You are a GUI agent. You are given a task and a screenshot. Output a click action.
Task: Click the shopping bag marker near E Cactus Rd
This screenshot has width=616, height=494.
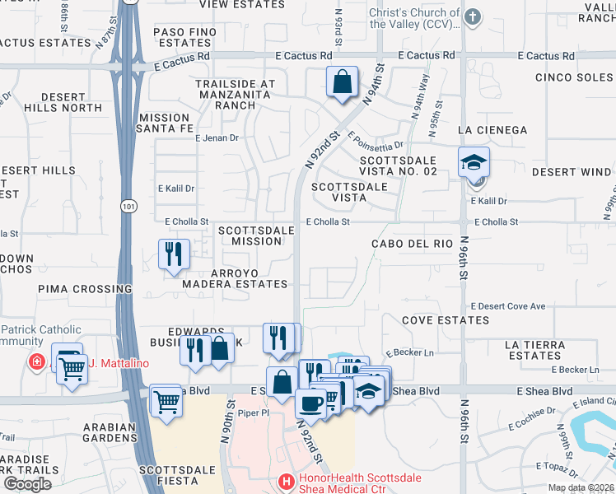tap(341, 82)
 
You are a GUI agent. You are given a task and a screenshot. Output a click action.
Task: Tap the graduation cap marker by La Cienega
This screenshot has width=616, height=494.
tap(474, 162)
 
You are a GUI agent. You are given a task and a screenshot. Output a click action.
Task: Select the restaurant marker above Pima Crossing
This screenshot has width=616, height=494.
tap(174, 254)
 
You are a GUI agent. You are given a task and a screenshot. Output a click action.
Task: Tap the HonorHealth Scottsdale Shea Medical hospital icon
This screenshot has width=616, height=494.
tap(286, 480)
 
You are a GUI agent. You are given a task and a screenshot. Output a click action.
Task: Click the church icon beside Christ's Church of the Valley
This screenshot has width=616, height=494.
tap(472, 16)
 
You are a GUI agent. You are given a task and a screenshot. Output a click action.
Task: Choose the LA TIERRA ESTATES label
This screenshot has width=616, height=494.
tap(534, 350)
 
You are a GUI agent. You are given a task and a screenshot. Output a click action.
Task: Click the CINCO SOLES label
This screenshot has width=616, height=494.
tap(572, 77)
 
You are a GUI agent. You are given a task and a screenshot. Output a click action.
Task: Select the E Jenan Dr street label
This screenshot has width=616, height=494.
tap(217, 138)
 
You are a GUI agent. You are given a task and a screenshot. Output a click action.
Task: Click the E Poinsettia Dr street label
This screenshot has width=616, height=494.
tap(376, 142)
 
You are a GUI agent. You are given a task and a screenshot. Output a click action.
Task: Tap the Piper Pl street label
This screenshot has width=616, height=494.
tap(254, 416)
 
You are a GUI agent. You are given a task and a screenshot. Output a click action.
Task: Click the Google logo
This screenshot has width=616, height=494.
tap(28, 484)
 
